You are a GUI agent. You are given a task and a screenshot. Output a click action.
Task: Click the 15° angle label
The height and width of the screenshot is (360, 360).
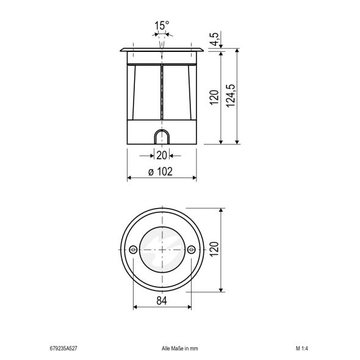click(161, 26)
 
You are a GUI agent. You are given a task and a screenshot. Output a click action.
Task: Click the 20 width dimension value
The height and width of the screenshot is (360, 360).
click(161, 156)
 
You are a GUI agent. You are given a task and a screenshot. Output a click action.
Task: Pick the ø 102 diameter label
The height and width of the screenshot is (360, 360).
click(160, 172)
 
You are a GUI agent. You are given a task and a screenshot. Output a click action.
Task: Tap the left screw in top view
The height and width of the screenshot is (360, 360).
click(132, 249)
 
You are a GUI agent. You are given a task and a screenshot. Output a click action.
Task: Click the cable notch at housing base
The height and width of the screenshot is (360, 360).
click(161, 137)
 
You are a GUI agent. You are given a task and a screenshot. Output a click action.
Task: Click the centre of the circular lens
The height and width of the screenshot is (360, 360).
click(161, 249)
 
